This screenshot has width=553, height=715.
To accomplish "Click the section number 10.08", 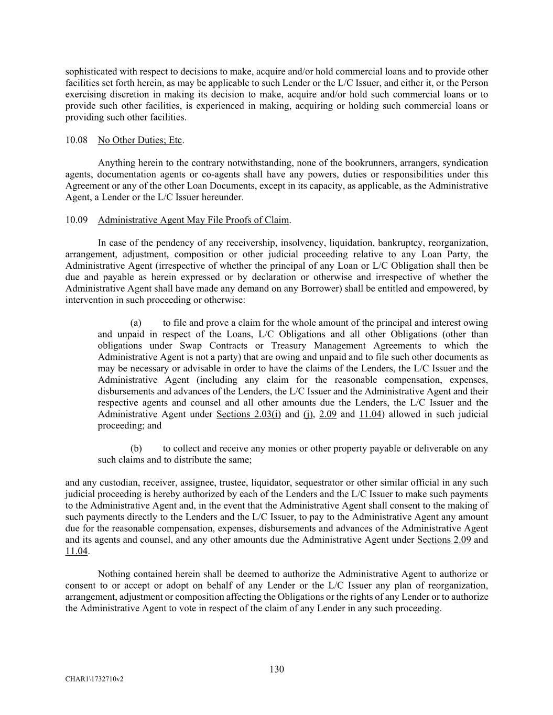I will pyautogui.click(x=73, y=140).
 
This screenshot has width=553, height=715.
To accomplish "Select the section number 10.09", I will pyautogui.click(x=73, y=220).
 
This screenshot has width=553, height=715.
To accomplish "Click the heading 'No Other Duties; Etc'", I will pyautogui.click(x=140, y=140).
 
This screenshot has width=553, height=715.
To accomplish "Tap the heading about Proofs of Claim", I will pyautogui.click(x=193, y=220).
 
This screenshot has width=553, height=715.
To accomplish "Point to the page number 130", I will pyautogui.click(x=277, y=669).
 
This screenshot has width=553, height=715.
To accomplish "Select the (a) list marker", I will pyautogui.click(x=136, y=323).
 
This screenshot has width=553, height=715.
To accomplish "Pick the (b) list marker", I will pyautogui.click(x=136, y=449).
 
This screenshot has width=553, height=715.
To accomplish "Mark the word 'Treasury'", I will pyautogui.click(x=289, y=346).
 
